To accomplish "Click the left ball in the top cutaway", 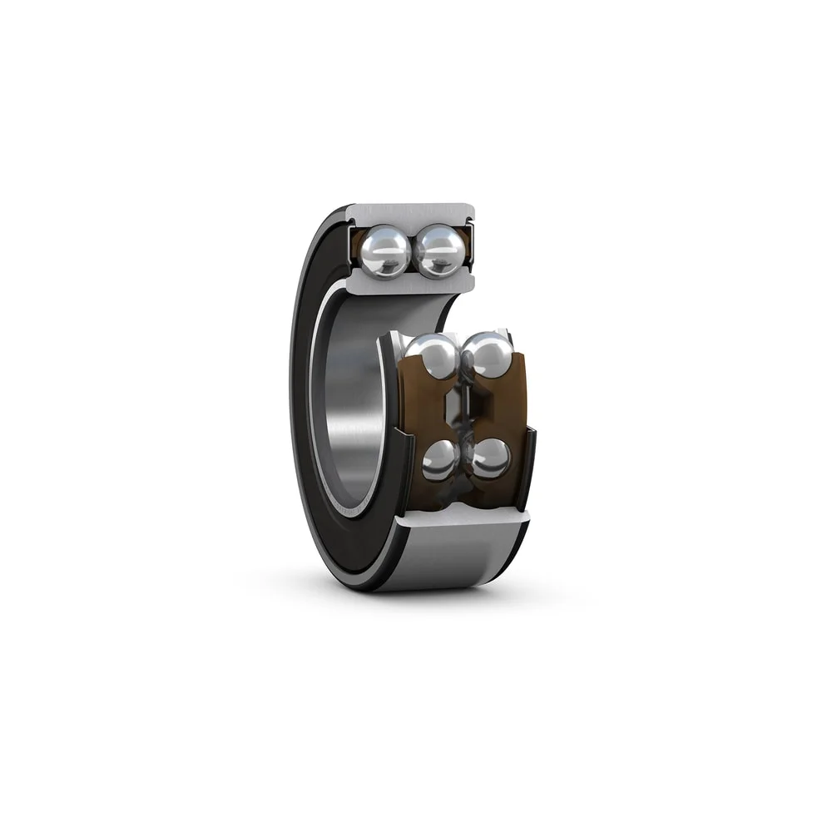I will click(384, 251).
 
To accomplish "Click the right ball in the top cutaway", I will click(439, 251).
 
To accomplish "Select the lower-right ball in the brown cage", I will click(490, 458).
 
